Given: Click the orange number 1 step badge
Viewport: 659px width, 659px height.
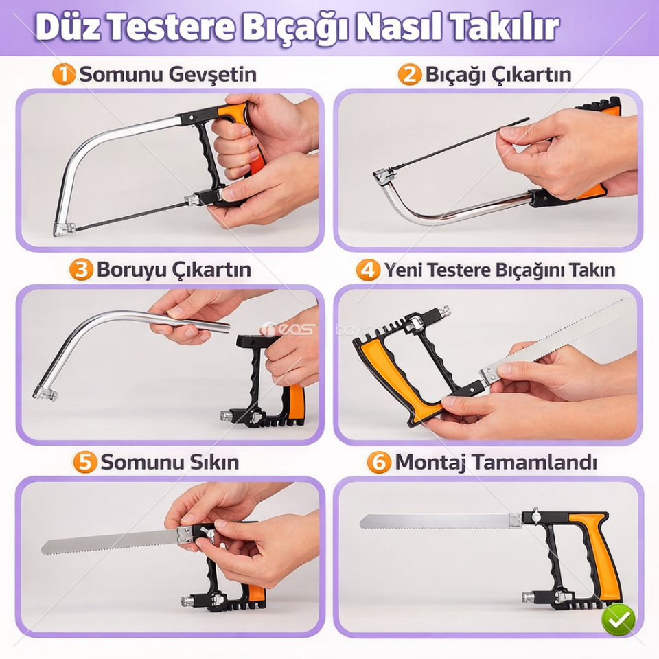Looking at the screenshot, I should pos(64,74).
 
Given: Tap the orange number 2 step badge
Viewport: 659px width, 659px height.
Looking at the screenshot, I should pos(410,74).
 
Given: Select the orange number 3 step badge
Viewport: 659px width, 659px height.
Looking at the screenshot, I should pos(81,270).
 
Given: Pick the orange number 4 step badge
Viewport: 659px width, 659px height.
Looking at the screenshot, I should pos(368,270).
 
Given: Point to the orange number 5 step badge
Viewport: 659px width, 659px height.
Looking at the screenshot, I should pos(85,462).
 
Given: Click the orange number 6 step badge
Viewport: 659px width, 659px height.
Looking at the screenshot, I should pos(379,462).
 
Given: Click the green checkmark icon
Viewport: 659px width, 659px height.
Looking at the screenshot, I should pos(618,620).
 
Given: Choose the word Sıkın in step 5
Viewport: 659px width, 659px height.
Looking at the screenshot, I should pos(212,462).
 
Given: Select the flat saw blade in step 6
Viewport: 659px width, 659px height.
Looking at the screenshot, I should pos(439,522).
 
